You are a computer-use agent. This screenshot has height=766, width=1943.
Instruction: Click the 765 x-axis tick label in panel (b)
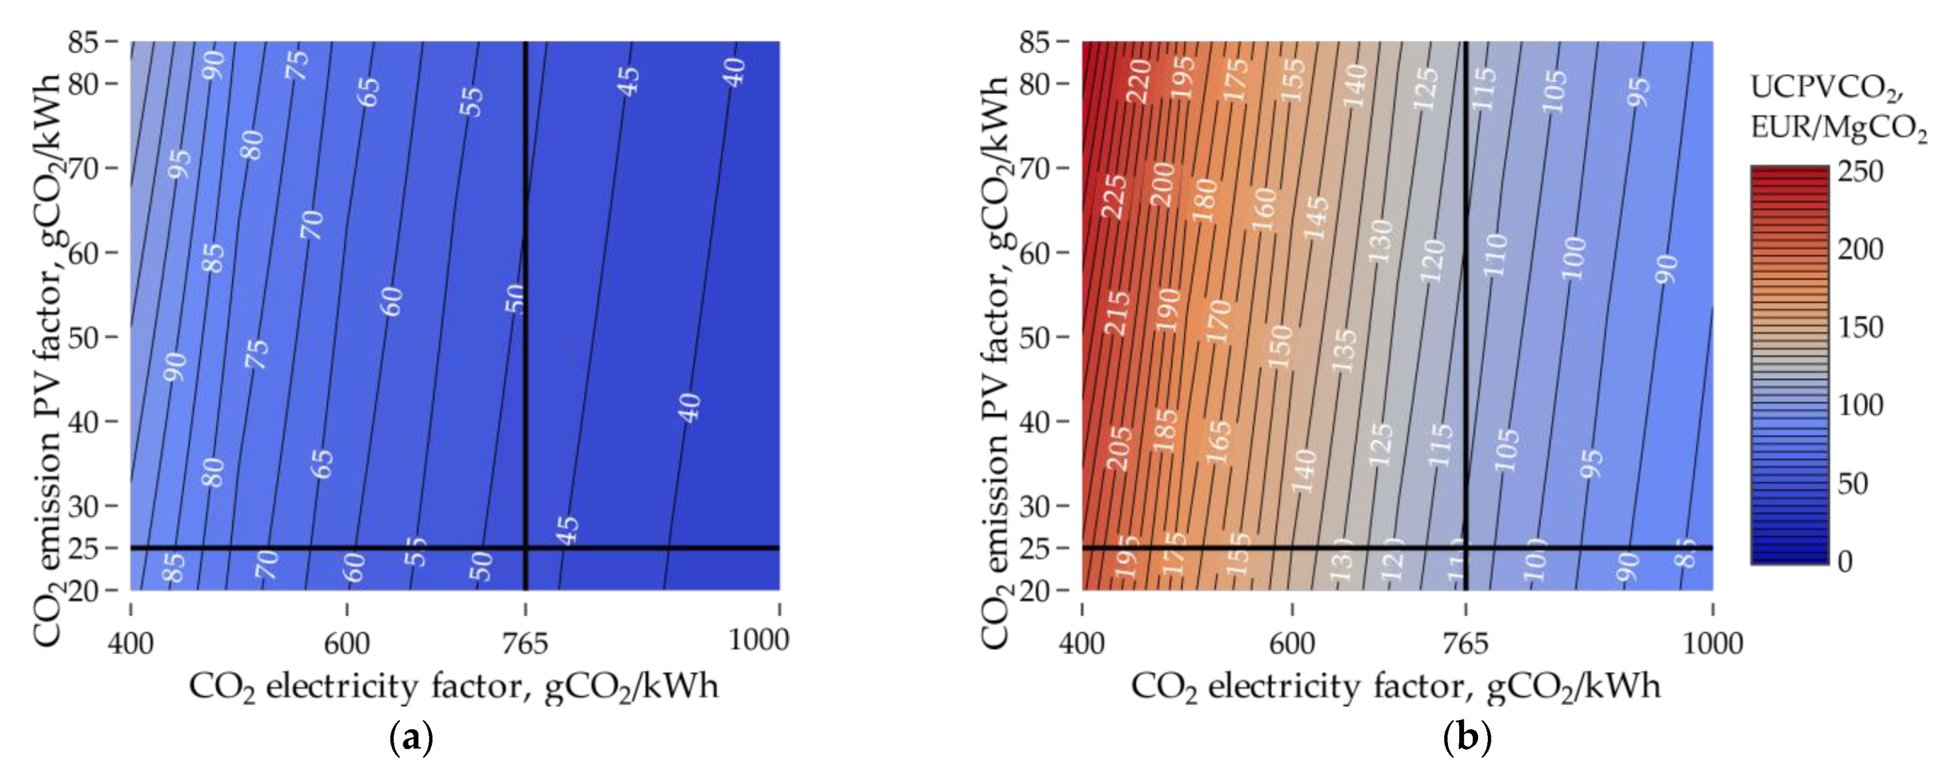[x=1465, y=643]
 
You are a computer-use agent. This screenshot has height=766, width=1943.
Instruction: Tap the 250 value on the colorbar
[x=1860, y=171]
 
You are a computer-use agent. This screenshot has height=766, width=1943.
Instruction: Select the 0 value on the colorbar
[x=1846, y=561]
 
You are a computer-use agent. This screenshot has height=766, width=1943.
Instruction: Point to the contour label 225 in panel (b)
[x=1115, y=197]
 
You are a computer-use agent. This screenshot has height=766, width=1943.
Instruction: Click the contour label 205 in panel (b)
[x=1119, y=448]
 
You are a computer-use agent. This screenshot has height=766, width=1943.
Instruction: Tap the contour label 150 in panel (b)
[x=1280, y=346]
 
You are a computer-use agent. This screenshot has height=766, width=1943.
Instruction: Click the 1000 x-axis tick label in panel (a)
[x=758, y=640]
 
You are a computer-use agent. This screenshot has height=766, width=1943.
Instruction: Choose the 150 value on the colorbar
[x=1860, y=327]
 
